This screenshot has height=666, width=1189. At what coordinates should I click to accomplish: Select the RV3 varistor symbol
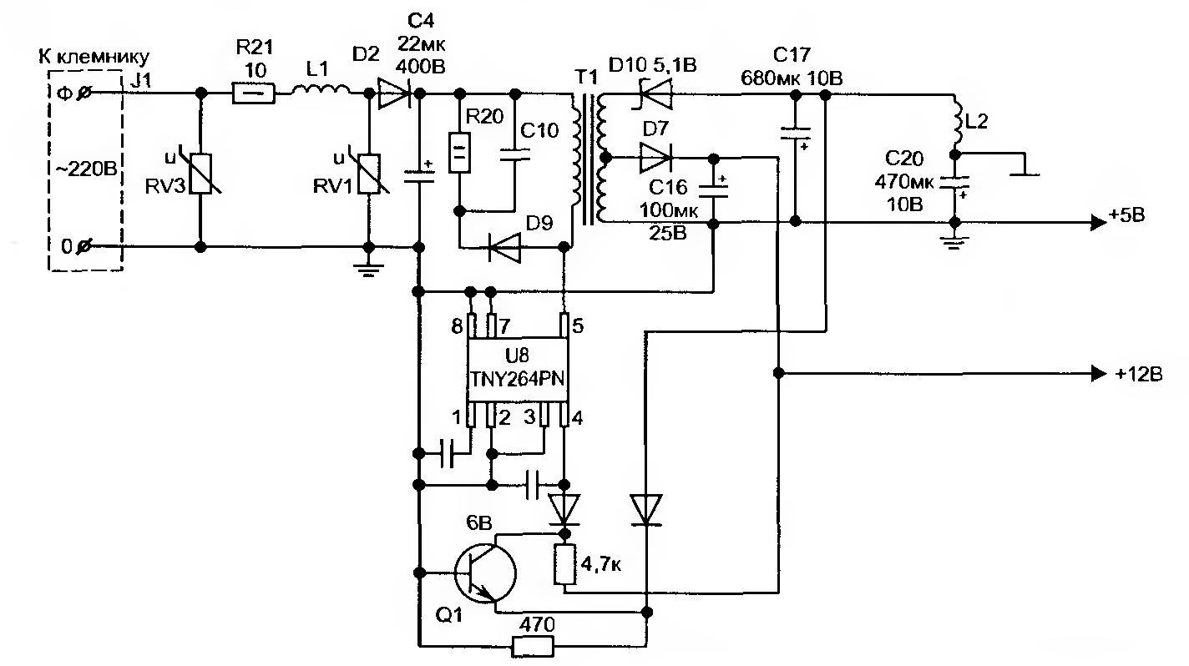point(201,174)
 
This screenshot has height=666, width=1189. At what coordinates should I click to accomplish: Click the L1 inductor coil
point(321,90)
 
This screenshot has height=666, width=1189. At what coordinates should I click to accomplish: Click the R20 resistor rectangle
point(458,153)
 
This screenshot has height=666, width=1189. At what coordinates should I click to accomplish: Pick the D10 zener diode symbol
point(653,94)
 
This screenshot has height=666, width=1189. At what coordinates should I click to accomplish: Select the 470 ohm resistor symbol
point(532,645)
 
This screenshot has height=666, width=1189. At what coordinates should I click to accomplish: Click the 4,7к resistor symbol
point(565,563)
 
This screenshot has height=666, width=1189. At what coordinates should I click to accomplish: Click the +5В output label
point(1126,217)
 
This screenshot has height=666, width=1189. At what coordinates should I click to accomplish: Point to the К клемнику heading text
point(93,57)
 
